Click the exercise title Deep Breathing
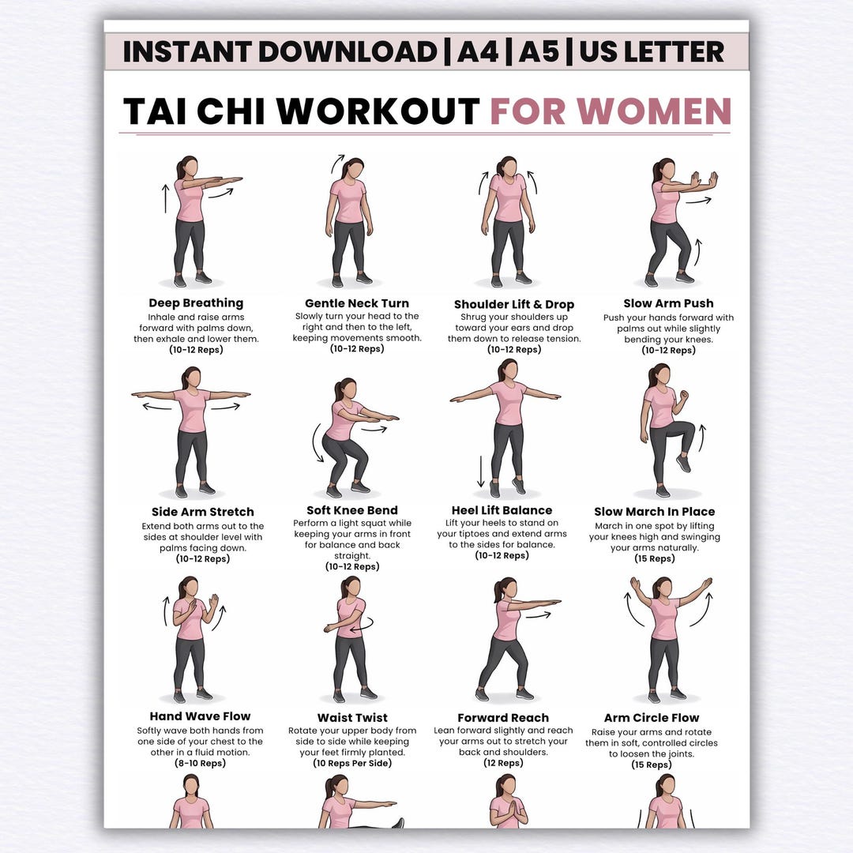196,303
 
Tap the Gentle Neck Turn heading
357,303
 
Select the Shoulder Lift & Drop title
514,304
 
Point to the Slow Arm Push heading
669,303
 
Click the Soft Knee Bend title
352,509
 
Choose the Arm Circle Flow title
651,717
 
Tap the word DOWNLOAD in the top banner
348,51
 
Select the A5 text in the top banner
539,51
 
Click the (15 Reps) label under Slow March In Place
655,558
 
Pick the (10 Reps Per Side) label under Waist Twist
352,763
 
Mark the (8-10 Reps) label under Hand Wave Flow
200,763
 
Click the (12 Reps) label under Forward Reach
503,763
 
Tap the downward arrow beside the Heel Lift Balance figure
481,471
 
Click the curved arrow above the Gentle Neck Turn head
337,163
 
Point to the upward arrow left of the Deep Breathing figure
166,198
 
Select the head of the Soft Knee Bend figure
347,389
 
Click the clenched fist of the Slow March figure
683,394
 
